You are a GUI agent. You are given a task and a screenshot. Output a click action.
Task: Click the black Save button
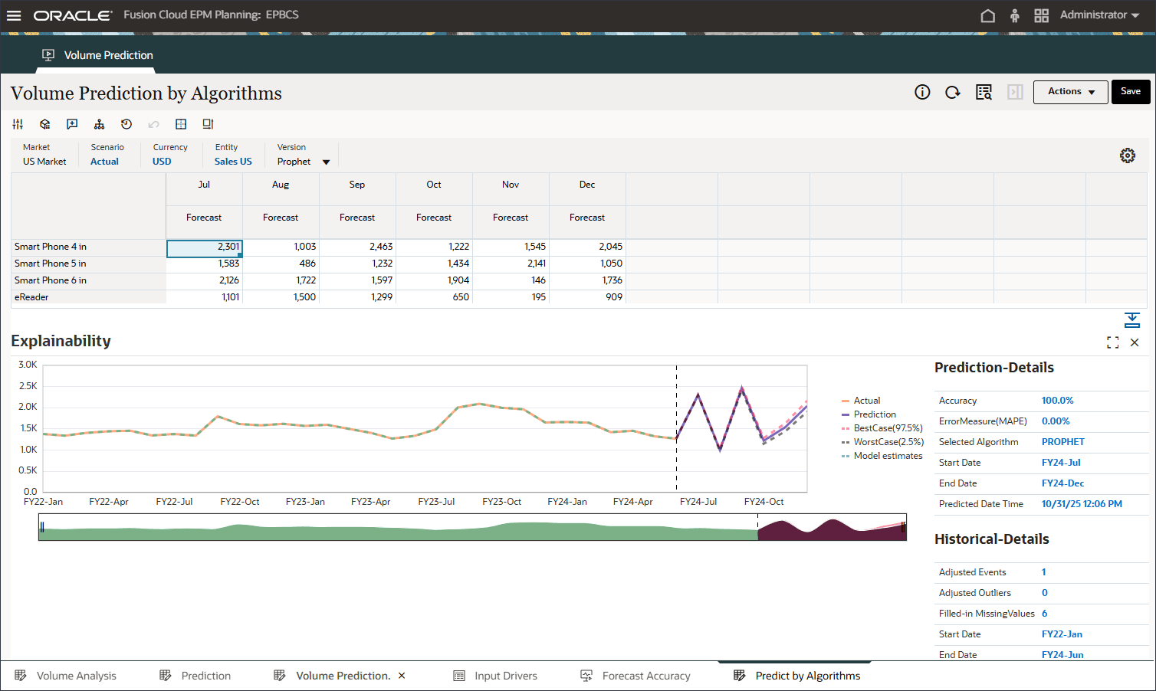1131,92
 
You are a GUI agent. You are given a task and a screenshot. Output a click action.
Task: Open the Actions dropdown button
1070,92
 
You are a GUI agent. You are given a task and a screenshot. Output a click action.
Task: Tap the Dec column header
587,185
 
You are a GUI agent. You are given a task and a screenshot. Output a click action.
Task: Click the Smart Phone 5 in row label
51,264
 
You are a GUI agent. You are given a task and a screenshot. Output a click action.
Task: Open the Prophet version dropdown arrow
326,162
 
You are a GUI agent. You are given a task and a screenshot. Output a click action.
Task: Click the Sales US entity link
233,162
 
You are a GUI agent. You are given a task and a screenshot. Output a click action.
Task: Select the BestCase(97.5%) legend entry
888,428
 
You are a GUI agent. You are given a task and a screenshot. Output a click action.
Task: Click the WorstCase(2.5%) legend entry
888,442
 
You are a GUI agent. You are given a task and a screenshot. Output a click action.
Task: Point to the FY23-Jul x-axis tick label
436,502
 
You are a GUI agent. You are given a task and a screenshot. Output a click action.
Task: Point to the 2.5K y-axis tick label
28,386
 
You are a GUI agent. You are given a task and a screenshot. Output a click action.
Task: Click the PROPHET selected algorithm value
1062,442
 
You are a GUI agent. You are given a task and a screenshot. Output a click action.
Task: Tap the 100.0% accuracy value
1057,401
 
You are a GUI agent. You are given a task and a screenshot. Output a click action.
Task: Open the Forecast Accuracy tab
645,676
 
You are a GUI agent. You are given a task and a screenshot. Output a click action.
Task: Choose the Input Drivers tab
505,676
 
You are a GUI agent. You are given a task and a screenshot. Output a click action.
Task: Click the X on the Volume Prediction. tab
402,676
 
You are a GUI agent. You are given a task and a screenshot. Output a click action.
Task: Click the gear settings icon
1127,156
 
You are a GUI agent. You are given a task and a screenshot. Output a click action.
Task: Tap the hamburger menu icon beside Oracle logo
14,15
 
